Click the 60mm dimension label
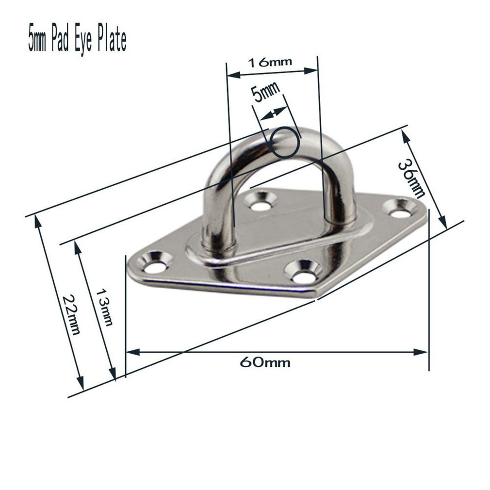click(x=264, y=362)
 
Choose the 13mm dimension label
click(x=104, y=307)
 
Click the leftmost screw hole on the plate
click(x=155, y=267)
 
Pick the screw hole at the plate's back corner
click(x=261, y=205)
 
